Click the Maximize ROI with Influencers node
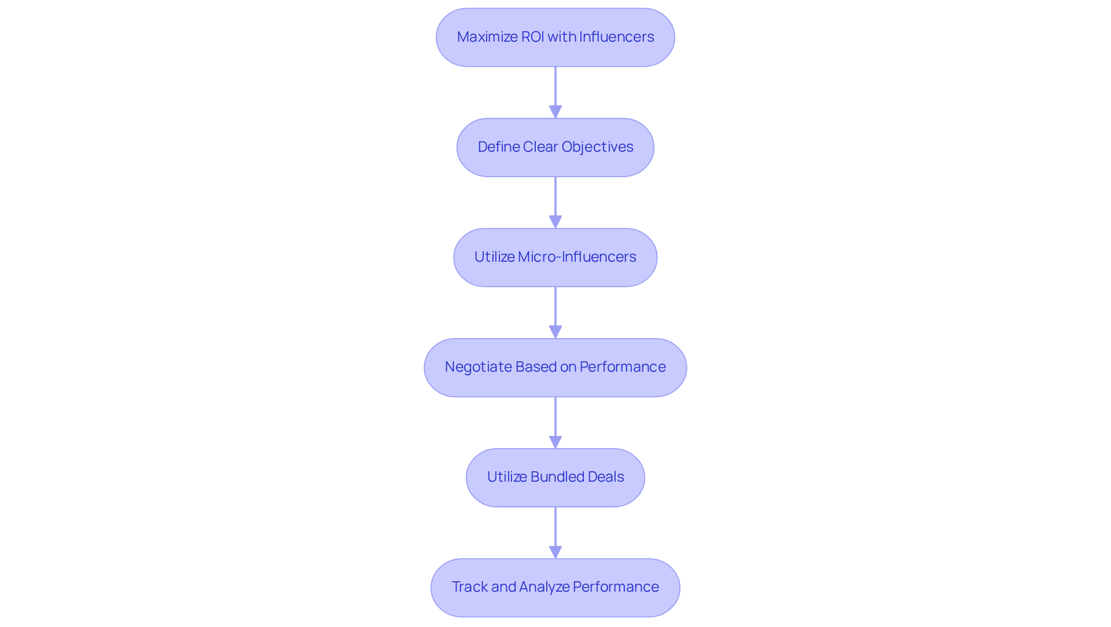pos(555,37)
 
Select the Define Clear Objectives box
pos(555,147)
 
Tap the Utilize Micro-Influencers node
pos(555,257)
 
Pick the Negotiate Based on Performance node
pos(555,367)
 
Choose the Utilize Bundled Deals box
pos(555,477)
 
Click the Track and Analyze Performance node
pos(555,587)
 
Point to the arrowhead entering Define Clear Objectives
pos(555,112)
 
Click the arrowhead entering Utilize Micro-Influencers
pos(555,222)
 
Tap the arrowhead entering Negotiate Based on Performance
pos(555,332)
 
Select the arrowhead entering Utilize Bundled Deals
pos(555,442)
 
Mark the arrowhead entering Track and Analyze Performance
pos(555,552)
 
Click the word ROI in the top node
pos(532,37)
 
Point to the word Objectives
pos(597,147)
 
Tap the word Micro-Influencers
pos(577,257)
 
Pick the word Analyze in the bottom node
pos(544,587)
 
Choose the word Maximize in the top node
pos(487,37)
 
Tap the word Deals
pos(606,477)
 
